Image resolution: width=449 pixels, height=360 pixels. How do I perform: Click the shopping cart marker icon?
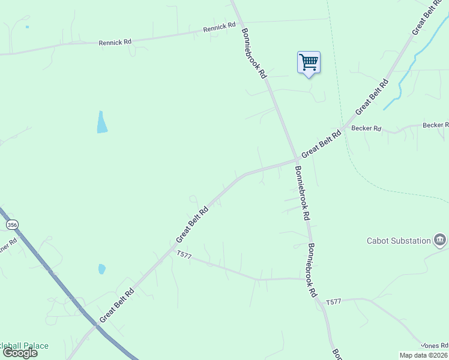(x=309, y=62)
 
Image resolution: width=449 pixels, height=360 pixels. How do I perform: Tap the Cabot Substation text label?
(x=399, y=241)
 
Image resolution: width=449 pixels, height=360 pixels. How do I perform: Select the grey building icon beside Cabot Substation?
(x=440, y=240)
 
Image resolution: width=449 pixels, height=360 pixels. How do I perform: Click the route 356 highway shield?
(x=12, y=224)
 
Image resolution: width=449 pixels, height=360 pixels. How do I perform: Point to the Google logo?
(x=20, y=352)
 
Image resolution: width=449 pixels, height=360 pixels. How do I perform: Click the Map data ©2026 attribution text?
(x=424, y=355)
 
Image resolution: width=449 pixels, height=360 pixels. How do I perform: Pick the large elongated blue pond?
(x=102, y=122)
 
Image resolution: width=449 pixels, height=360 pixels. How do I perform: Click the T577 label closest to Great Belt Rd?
(x=184, y=255)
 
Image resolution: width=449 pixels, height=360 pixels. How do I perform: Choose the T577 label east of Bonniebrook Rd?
(x=333, y=301)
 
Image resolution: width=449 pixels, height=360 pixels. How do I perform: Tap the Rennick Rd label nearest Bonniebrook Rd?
(x=219, y=27)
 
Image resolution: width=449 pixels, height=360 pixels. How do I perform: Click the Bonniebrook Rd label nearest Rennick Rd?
(x=254, y=53)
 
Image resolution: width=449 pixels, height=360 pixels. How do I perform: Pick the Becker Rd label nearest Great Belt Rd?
(x=366, y=128)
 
